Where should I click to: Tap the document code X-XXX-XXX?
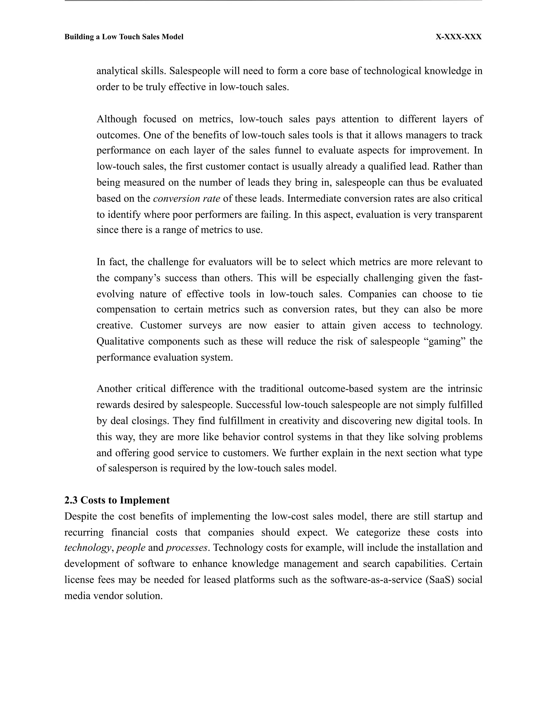tap(458, 37)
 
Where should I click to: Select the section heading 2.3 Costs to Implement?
tap(117, 500)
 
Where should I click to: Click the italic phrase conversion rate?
tap(186, 198)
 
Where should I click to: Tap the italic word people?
tap(131, 548)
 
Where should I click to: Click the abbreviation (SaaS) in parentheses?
tap(441, 579)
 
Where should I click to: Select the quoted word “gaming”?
tap(444, 341)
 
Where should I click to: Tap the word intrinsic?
tap(465, 389)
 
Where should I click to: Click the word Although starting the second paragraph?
tap(117, 119)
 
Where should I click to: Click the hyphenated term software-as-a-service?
tap(376, 579)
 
